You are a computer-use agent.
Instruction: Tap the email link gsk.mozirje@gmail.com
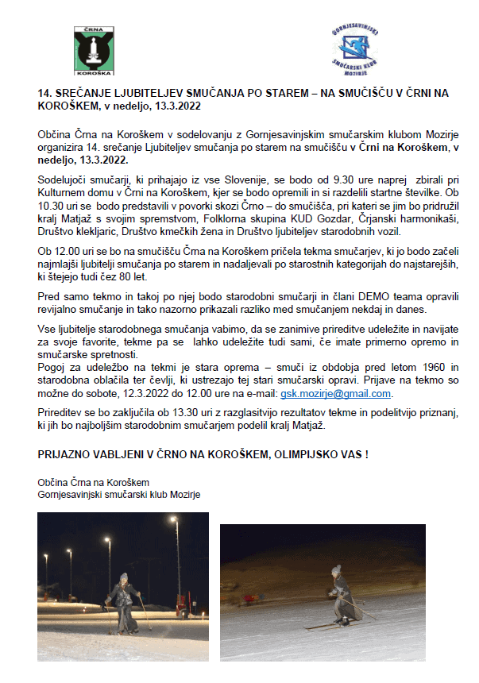click(x=336, y=393)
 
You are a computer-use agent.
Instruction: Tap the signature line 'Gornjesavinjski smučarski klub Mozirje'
click(x=118, y=493)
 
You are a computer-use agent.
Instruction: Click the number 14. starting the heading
click(x=44, y=93)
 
